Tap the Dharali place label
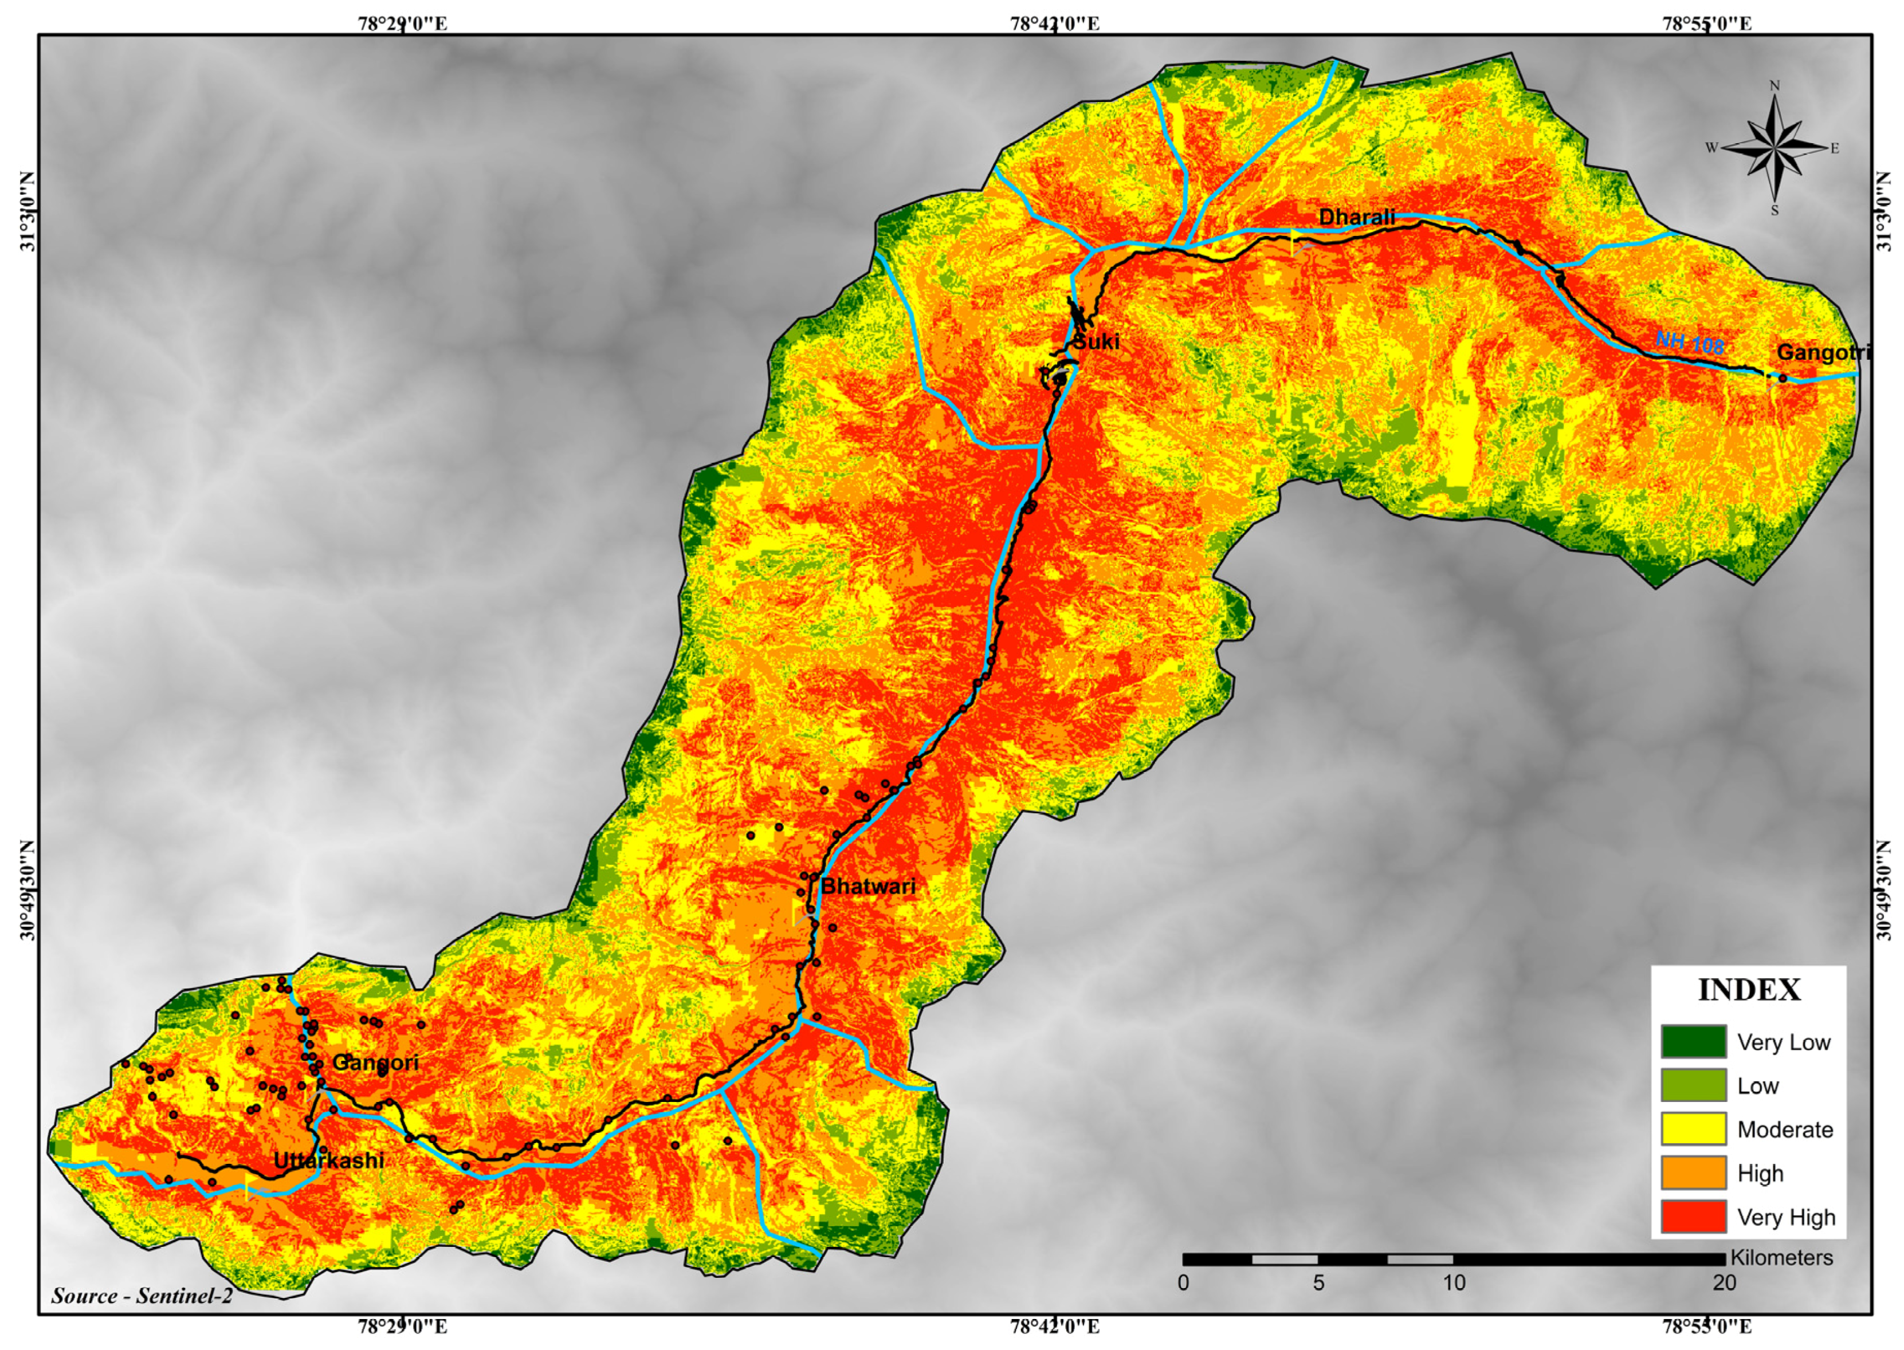[x=1356, y=218]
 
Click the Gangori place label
[x=375, y=1063]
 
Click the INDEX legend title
[x=1749, y=990]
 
